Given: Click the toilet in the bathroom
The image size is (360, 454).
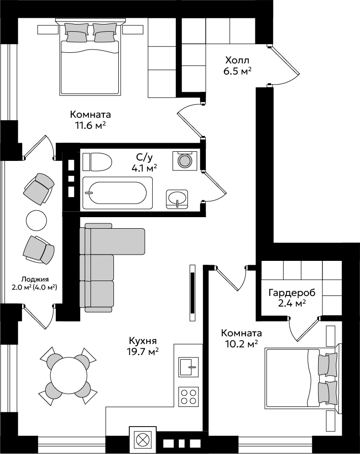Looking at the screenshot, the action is pyautogui.click(x=97, y=162).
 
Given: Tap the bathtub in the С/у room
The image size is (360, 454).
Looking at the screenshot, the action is pyautogui.click(x=118, y=193).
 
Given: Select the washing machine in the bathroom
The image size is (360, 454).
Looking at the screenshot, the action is pyautogui.click(x=185, y=160).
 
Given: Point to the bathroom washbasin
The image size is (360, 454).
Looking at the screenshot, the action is pyautogui.click(x=177, y=199).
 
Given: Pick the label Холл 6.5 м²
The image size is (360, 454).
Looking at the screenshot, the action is pyautogui.click(x=237, y=66).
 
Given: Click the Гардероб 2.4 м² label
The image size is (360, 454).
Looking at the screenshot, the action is pyautogui.click(x=292, y=298).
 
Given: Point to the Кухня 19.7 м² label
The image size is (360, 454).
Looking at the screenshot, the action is pyautogui.click(x=143, y=346).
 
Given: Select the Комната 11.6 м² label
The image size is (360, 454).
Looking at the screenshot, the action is pyautogui.click(x=90, y=120).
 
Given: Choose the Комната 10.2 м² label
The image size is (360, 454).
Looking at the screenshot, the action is pyautogui.click(x=242, y=338).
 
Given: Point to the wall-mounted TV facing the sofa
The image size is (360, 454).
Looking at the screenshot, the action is pyautogui.click(x=192, y=293).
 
